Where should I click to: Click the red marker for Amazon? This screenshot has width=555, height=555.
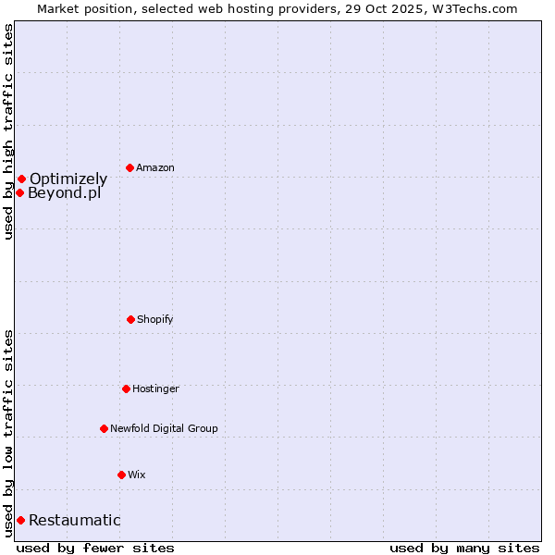pyautogui.click(x=129, y=167)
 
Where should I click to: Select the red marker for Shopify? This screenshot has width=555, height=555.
pyautogui.click(x=130, y=319)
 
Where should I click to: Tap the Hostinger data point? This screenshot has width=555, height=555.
pyautogui.click(x=126, y=388)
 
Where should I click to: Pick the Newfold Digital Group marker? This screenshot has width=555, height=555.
pyautogui.click(x=104, y=428)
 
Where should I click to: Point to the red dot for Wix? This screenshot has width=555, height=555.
pyautogui.click(x=121, y=475)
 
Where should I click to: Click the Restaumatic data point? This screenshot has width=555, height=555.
pyautogui.click(x=20, y=520)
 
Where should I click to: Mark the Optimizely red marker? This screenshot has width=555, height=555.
pyautogui.click(x=21, y=179)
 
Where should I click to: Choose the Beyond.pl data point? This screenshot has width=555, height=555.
pyautogui.click(x=19, y=192)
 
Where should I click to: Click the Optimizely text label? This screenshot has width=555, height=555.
pyautogui.click(x=68, y=179)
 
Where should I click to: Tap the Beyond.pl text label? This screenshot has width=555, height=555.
pyautogui.click(x=64, y=193)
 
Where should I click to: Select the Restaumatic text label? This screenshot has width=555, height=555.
pyautogui.click(x=74, y=521)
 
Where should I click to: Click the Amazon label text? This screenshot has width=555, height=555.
pyautogui.click(x=155, y=168)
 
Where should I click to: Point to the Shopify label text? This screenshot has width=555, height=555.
pyautogui.click(x=155, y=320)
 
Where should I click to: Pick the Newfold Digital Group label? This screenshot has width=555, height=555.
pyautogui.click(x=164, y=429)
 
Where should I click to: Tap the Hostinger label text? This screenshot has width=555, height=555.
pyautogui.click(x=155, y=389)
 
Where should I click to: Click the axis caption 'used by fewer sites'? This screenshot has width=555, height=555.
pyautogui.click(x=95, y=548)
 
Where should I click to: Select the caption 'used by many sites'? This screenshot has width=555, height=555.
pyautogui.click(x=464, y=548)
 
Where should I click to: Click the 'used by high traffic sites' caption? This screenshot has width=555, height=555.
pyautogui.click(x=8, y=131)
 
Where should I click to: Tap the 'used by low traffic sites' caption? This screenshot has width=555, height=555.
pyautogui.click(x=8, y=433)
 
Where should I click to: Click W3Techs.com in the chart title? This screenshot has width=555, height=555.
pyautogui.click(x=473, y=8)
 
